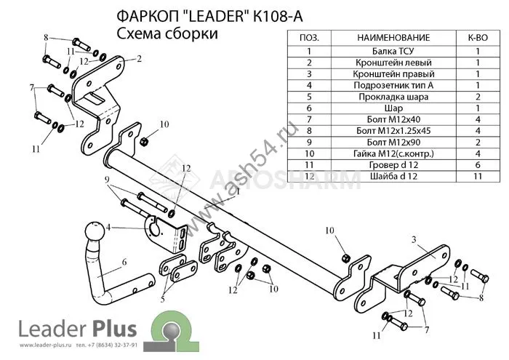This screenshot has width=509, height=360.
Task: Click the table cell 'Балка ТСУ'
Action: [393, 51]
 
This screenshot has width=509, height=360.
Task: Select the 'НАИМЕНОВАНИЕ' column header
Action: [393, 37]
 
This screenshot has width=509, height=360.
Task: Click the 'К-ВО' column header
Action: [477, 37]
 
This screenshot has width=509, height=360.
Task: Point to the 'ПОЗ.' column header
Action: [309, 37]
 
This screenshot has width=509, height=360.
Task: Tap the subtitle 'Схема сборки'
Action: [167, 33]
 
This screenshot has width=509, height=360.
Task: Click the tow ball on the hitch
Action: [95, 233]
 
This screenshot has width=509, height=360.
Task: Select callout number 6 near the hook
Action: [124, 262]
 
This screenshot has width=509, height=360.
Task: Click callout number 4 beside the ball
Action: [109, 228]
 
